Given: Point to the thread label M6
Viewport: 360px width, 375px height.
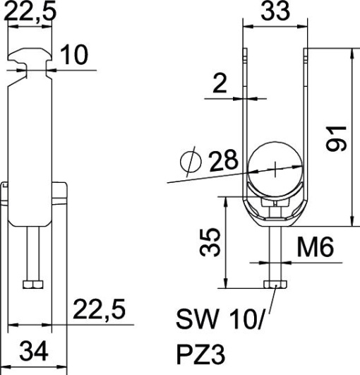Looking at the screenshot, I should (x=314, y=246).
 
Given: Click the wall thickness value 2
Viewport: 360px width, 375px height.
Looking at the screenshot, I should (x=220, y=85).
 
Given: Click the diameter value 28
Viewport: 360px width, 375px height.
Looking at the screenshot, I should (x=223, y=162).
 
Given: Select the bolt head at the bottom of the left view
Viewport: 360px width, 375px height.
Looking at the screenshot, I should (x=32, y=285).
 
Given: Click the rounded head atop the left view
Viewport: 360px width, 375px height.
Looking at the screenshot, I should (x=32, y=55).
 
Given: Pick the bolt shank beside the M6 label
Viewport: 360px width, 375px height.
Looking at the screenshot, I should (x=274, y=251).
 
